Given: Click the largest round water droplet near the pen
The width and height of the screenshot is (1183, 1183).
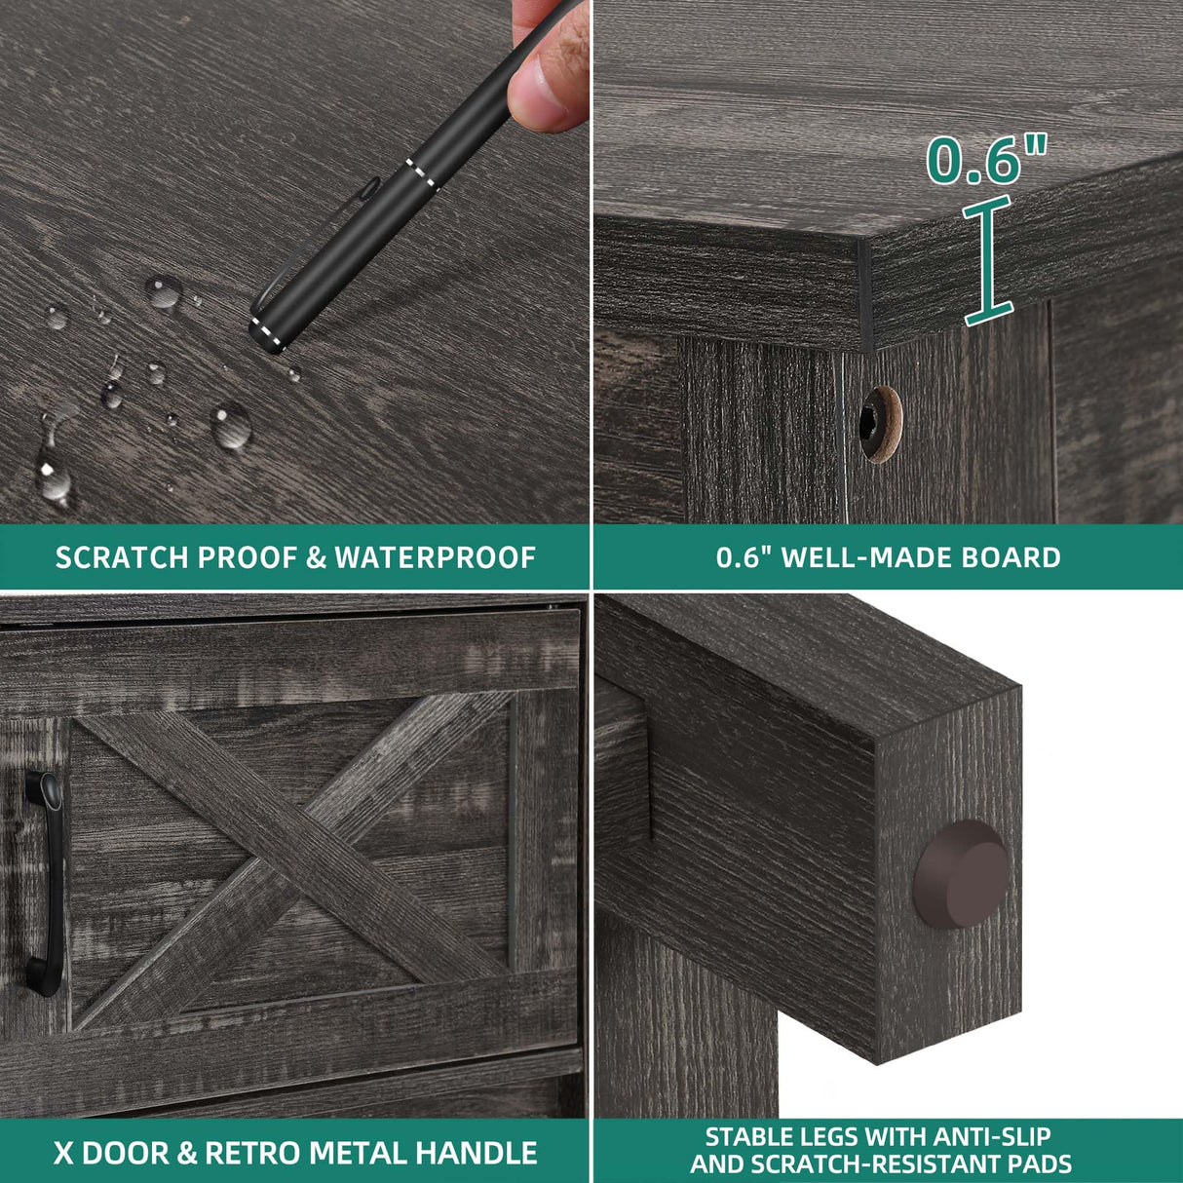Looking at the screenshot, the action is coord(232,425).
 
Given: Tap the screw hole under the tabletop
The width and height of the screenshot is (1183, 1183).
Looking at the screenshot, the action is coord(881,423).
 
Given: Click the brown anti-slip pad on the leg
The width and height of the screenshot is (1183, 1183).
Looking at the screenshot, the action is coord(961,874).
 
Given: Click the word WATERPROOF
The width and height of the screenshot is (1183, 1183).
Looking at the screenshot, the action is coord(436,558).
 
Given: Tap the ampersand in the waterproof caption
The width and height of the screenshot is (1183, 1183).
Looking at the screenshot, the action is coord(316,558).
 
